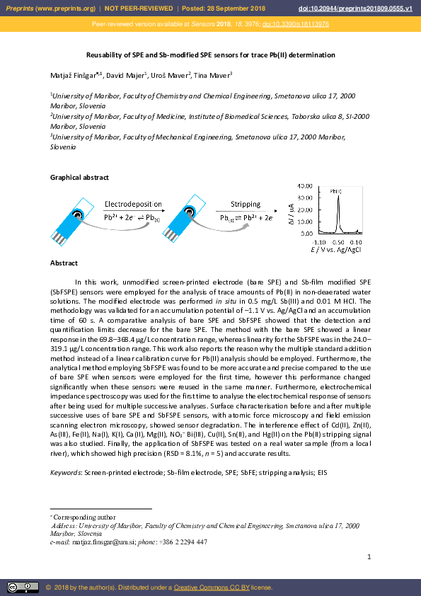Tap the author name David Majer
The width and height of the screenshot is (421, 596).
(126, 74)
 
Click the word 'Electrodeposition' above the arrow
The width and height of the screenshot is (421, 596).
(133, 204)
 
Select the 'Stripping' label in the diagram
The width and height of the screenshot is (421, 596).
(246, 204)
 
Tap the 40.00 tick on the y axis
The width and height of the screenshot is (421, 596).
(306, 184)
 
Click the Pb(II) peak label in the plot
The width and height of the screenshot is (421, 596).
(337, 190)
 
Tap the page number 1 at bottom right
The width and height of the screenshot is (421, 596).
(369, 558)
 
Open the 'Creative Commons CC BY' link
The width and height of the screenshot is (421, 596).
(207, 588)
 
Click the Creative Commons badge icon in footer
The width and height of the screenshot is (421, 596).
(23, 587)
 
